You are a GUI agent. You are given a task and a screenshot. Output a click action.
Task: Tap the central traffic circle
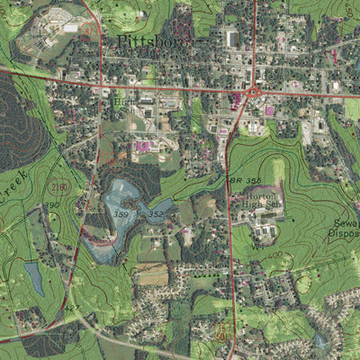click(x=254, y=91)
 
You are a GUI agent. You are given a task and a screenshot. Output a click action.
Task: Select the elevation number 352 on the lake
click(x=156, y=214)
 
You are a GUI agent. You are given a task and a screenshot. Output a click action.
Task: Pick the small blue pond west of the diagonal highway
click(x=34, y=278)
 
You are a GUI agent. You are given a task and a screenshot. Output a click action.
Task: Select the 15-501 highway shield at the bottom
click(x=222, y=335)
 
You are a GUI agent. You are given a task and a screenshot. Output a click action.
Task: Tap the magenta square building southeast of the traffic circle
click(x=268, y=111)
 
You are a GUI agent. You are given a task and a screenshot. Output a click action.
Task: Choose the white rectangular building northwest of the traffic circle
click(x=233, y=39)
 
